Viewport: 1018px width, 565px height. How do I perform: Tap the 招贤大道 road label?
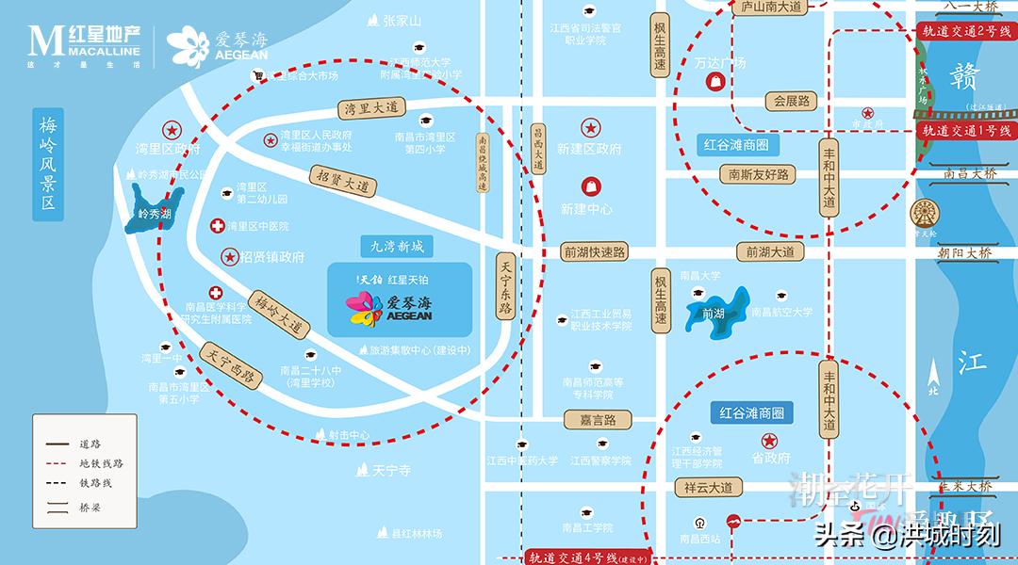(x=342, y=180)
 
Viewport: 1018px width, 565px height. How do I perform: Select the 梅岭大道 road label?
(x=280, y=315)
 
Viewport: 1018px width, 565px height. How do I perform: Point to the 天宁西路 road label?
(x=230, y=363)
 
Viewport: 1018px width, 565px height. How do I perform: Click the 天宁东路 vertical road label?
(x=505, y=289)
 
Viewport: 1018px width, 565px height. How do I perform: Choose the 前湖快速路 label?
(x=594, y=251)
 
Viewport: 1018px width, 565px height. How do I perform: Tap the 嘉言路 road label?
(x=598, y=419)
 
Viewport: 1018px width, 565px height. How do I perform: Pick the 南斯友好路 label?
(x=757, y=174)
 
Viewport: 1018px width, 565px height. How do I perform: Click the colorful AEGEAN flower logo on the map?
(x=364, y=309)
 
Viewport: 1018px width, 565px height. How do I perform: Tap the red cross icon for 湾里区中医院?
(x=218, y=226)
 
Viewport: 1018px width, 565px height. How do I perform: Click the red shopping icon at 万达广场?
(x=714, y=83)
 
